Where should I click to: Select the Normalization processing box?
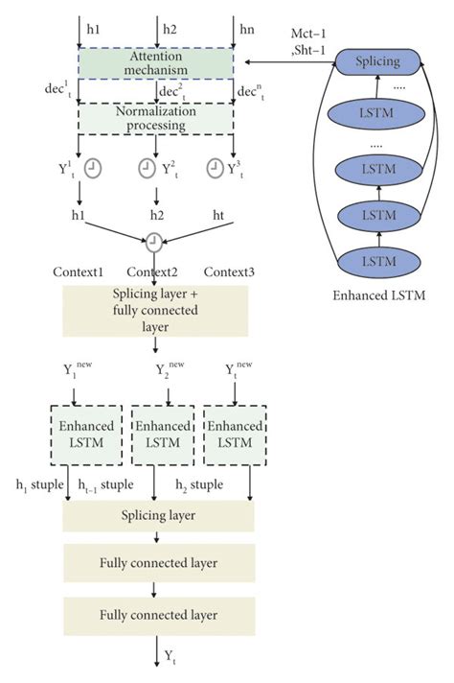[x=155, y=117]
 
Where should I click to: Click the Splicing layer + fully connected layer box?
[x=155, y=307]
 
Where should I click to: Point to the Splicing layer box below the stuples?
[x=157, y=516]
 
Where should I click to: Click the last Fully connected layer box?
[x=157, y=615]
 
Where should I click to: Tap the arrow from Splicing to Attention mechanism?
[x=287, y=62]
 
